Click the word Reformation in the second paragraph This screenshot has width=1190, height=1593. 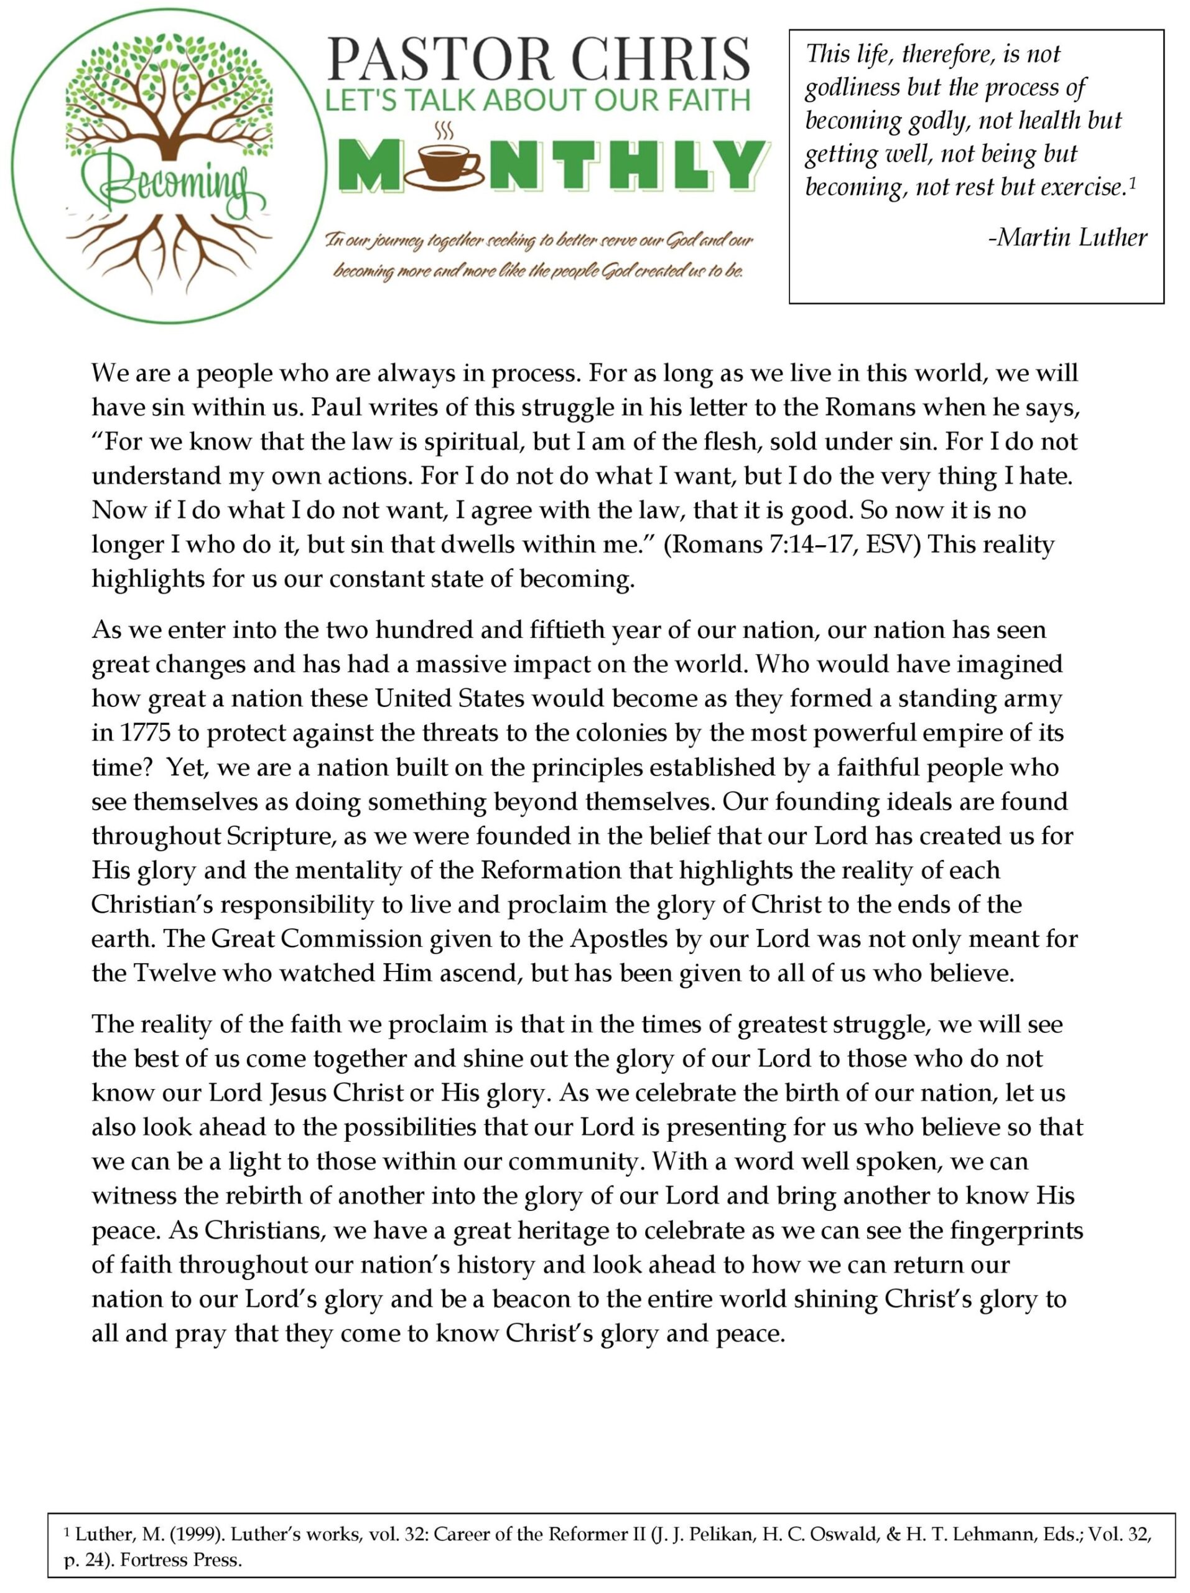pos(550,870)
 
